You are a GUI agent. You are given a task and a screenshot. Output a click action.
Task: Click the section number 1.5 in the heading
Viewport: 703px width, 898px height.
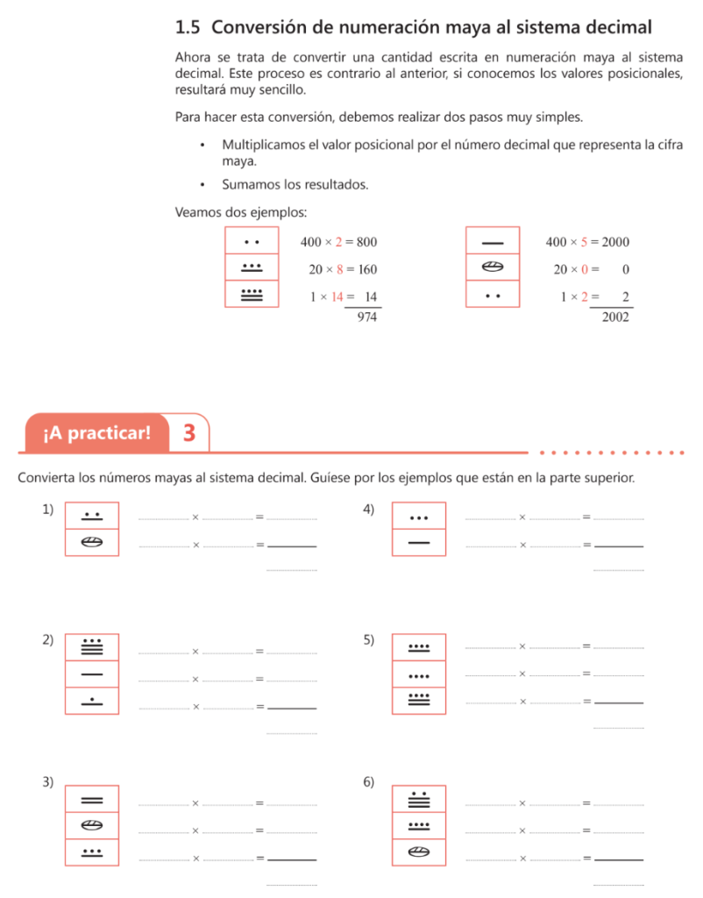[x=188, y=27]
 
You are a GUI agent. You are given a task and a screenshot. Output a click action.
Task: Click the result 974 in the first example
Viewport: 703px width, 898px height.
[x=367, y=317]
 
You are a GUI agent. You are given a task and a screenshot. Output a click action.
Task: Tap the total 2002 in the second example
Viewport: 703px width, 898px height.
[x=615, y=317]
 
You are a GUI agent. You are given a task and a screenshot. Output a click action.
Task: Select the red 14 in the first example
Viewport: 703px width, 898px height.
[x=337, y=296]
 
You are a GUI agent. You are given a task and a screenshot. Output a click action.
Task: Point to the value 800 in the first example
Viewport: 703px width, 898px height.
[x=367, y=242]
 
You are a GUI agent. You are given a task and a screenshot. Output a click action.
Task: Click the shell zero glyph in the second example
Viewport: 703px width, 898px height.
[x=493, y=267]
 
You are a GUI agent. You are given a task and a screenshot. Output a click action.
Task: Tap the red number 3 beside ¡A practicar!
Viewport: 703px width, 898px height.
[x=189, y=433]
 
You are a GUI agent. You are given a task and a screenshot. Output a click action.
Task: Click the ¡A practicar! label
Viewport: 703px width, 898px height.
[x=96, y=433]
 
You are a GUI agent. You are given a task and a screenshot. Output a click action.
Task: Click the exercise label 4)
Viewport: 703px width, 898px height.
[x=369, y=510]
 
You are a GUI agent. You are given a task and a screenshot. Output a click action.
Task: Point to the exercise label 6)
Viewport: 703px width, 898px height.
[x=369, y=781]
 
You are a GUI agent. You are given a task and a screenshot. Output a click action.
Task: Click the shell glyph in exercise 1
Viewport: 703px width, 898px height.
[x=91, y=542]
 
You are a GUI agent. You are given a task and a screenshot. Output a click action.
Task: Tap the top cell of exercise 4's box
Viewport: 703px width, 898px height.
[x=419, y=516]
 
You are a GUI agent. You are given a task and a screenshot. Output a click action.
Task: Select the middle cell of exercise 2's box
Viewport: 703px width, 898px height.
[x=92, y=674]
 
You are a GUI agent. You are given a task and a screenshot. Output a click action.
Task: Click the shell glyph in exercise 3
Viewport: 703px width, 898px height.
[x=91, y=825]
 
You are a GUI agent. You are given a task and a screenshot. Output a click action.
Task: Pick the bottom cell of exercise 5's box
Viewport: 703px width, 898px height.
[x=419, y=701]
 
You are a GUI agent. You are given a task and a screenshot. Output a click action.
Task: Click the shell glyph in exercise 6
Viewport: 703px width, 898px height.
[x=419, y=852]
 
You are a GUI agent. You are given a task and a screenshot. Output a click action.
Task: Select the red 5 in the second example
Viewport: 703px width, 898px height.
[x=584, y=242]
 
